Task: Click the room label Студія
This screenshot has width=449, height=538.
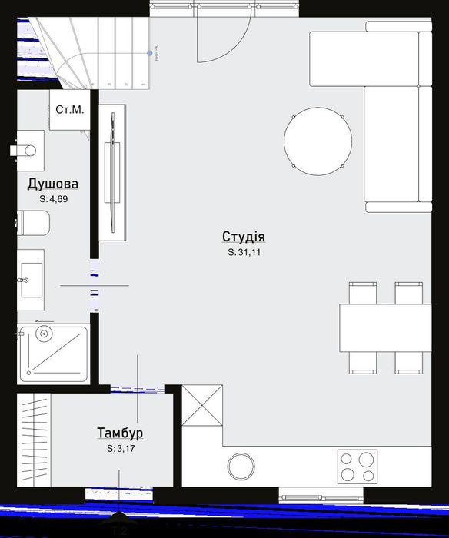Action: (x=243, y=237)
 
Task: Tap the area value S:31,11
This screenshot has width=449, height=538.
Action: (x=243, y=251)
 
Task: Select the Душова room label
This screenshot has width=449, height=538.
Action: (x=52, y=184)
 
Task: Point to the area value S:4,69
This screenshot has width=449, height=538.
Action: (x=53, y=198)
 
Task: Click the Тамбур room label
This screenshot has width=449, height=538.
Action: (x=120, y=433)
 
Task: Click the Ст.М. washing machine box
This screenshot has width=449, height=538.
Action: (x=69, y=110)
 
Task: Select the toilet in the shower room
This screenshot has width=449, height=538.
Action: (x=35, y=224)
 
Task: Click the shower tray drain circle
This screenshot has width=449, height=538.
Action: (x=44, y=334)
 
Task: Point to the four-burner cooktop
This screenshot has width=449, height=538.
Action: (x=358, y=466)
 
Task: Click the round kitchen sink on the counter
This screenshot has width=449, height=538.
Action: (x=241, y=466)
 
